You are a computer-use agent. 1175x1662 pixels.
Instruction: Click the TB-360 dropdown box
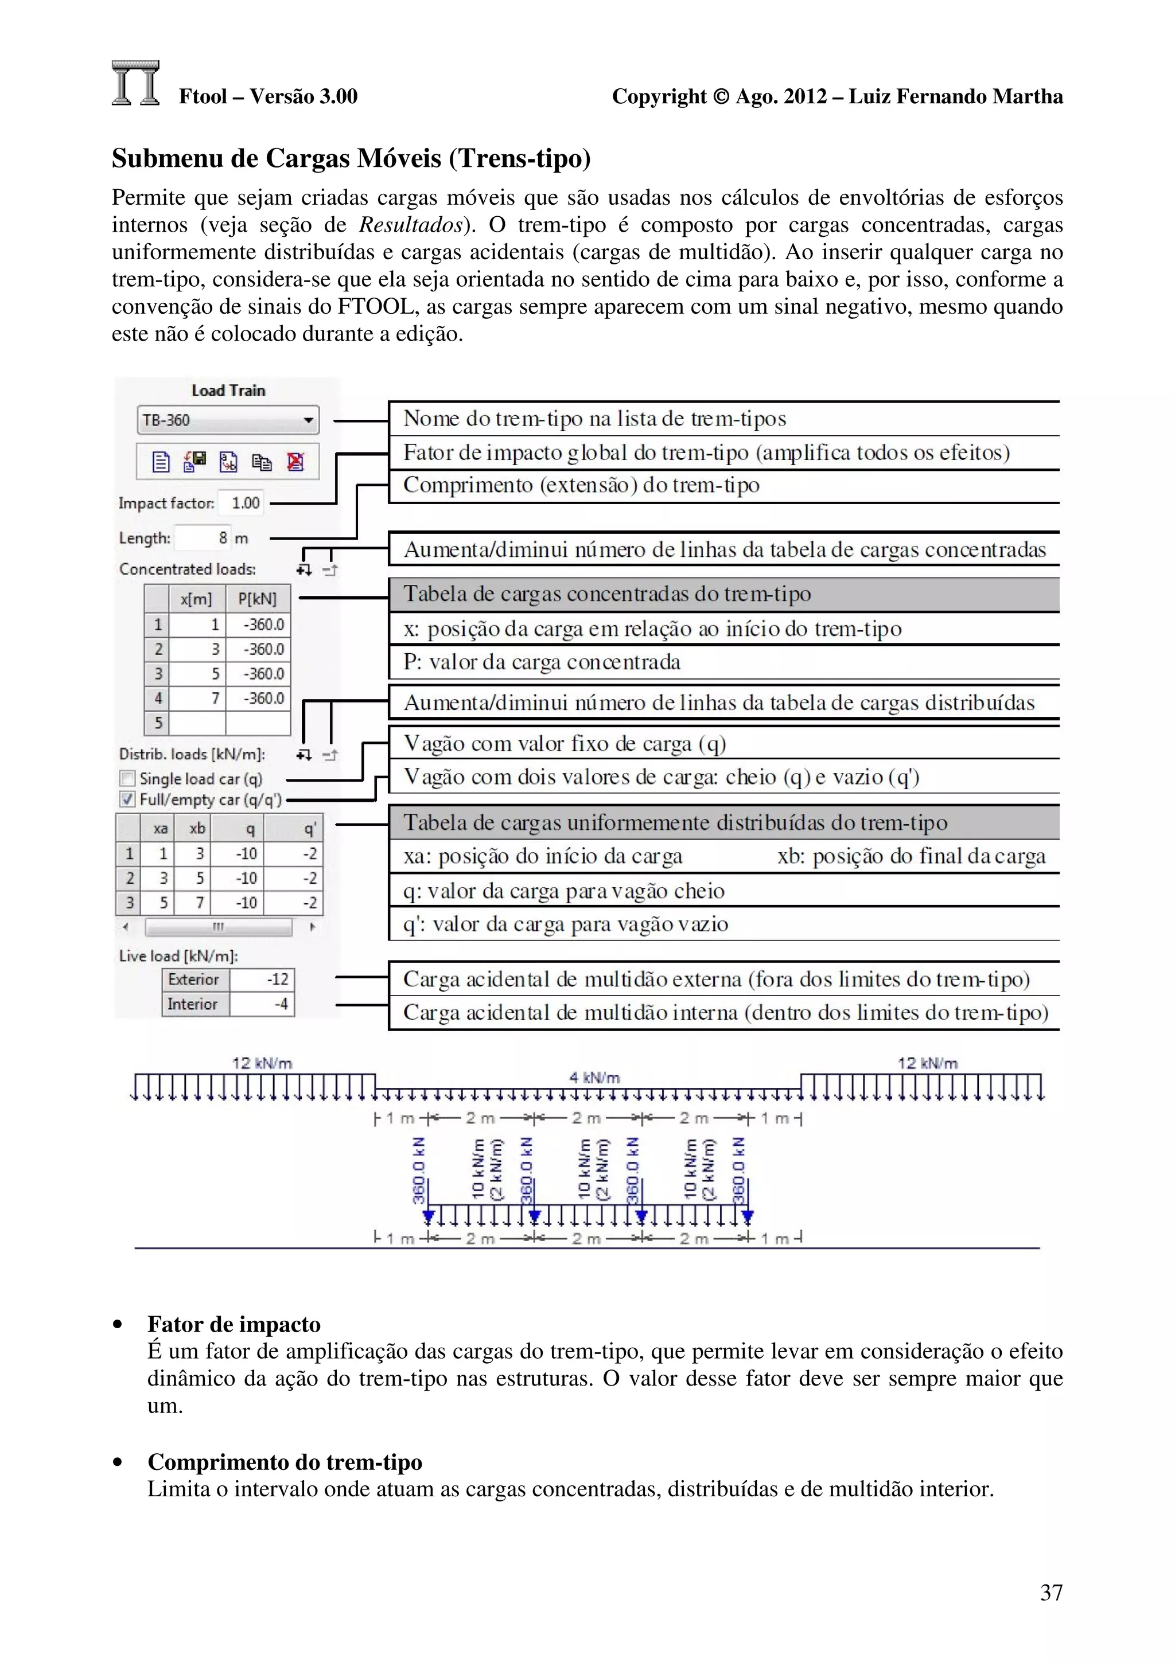coord(227,420)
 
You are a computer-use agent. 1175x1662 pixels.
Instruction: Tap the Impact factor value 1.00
coord(245,502)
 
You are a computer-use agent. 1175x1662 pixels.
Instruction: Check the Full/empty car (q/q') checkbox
coord(127,799)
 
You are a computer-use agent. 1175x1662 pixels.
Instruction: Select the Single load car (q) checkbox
coord(127,778)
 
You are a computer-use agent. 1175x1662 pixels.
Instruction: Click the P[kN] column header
coord(257,599)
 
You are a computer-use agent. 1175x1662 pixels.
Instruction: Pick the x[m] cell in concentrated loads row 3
coord(197,674)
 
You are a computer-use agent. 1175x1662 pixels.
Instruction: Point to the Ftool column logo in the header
coord(135,83)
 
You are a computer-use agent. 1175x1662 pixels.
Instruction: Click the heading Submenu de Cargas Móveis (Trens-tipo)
coord(351,158)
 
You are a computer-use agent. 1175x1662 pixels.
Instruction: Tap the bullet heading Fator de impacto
coord(234,1324)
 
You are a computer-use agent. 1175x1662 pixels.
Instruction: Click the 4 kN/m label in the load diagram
coord(594,1077)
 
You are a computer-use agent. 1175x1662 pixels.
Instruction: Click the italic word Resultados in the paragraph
coord(410,225)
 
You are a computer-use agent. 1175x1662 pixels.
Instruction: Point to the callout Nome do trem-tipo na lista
coord(594,419)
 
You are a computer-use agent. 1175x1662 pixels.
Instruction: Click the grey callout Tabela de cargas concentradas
coord(606,594)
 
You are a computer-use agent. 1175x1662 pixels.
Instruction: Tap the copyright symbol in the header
coord(721,96)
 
